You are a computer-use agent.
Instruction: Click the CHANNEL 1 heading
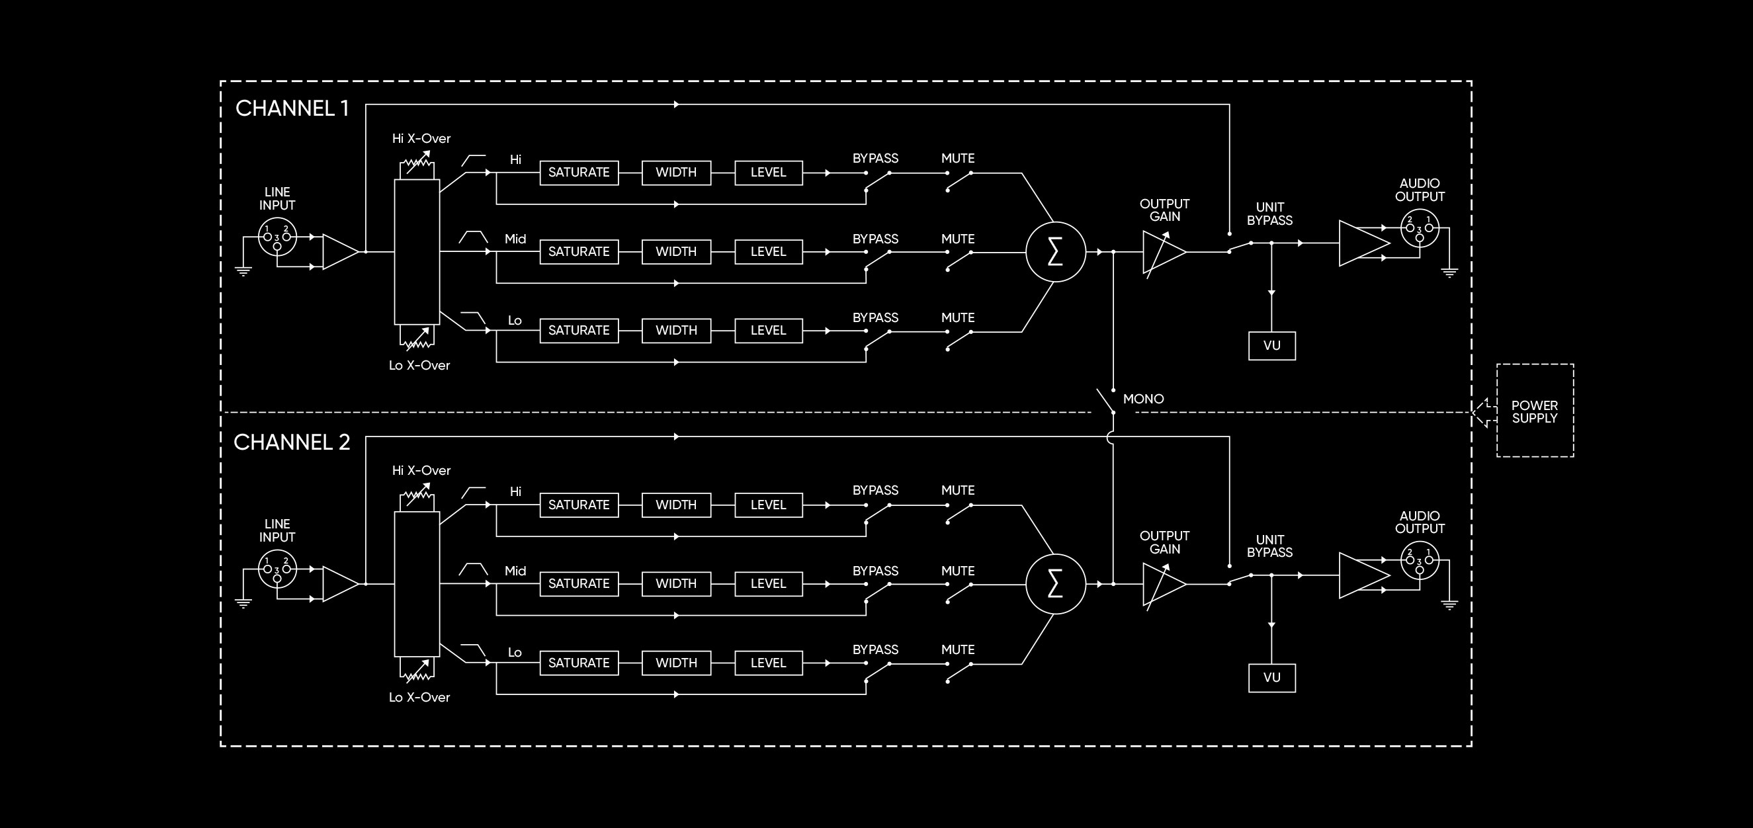(x=292, y=108)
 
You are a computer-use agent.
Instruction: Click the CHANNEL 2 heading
(x=291, y=442)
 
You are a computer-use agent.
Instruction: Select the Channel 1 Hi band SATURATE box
(x=578, y=173)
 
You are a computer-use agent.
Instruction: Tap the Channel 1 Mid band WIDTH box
(x=676, y=252)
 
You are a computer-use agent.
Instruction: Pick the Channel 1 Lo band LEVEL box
(x=768, y=331)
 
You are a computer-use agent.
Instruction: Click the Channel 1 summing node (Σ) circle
(x=1055, y=252)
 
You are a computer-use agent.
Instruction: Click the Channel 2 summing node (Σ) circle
(x=1055, y=584)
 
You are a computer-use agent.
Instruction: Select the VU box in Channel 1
(x=1271, y=346)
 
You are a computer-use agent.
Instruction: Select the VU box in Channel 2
(x=1271, y=678)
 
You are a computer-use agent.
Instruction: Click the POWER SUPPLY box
(x=1535, y=411)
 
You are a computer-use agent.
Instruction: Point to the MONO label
(x=1143, y=399)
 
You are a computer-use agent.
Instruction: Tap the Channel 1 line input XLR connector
(x=277, y=237)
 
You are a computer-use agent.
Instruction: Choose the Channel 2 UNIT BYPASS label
(x=1269, y=546)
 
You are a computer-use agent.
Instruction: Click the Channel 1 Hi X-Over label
(x=421, y=139)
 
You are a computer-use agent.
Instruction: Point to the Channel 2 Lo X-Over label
(x=419, y=697)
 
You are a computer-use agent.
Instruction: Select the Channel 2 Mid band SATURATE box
(x=578, y=584)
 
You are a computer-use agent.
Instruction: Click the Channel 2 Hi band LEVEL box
(x=768, y=505)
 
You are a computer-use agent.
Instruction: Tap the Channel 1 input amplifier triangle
(x=339, y=252)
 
